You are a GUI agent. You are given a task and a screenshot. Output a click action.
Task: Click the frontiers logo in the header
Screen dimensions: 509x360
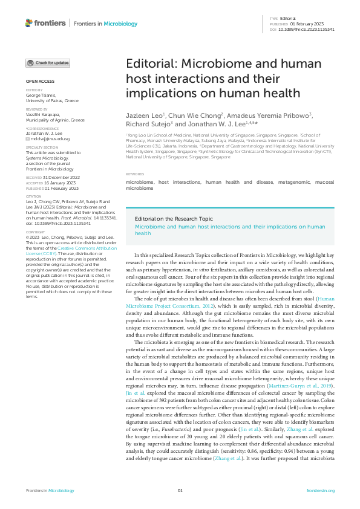(x=46, y=23)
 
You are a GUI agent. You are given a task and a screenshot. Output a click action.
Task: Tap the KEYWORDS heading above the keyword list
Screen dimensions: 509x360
(x=135, y=174)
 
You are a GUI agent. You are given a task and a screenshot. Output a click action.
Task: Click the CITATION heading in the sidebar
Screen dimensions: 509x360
(x=33, y=196)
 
